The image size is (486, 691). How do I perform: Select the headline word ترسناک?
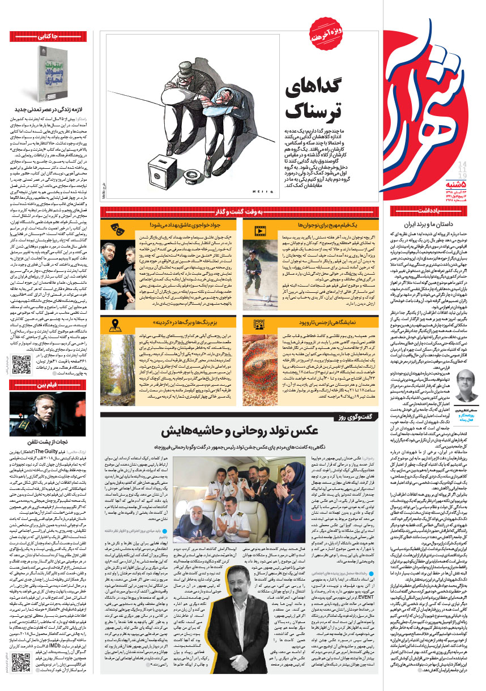coord(313,109)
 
